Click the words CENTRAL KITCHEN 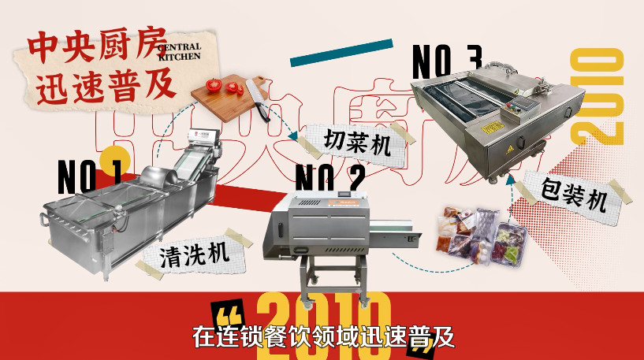(179, 52)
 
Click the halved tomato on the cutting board (215, 84)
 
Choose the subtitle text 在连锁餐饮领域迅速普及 (324, 337)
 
